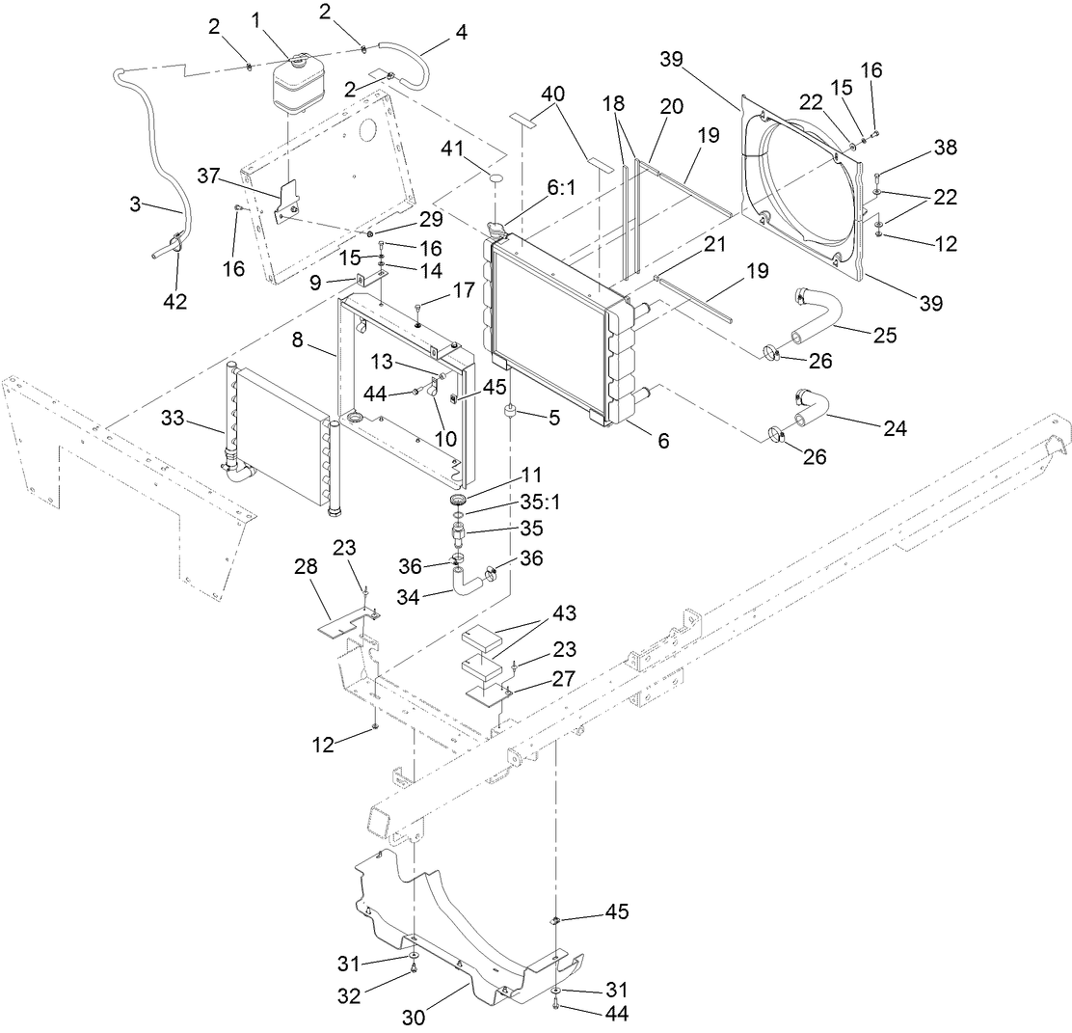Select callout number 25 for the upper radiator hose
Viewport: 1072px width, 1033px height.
885,335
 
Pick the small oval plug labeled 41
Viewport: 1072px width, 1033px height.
495,178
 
